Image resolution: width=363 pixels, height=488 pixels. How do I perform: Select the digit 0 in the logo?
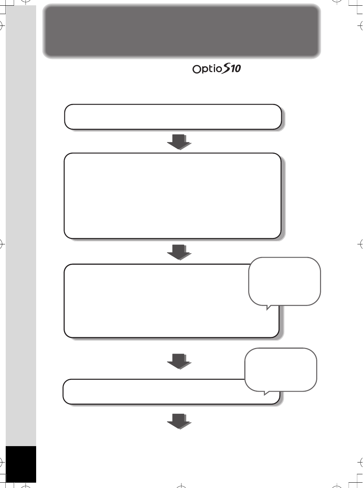[237, 69]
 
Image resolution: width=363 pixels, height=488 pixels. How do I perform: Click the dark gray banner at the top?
[181, 31]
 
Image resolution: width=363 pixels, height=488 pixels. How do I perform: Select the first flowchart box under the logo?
[173, 117]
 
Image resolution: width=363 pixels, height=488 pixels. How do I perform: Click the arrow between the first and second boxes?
[178, 142]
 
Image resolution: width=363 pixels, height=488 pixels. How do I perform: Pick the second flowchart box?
[173, 196]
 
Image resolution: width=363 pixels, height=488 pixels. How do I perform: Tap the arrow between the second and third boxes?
[178, 252]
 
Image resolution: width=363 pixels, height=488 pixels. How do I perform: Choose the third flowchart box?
[154, 301]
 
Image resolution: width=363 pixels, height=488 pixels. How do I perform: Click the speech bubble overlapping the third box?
[285, 281]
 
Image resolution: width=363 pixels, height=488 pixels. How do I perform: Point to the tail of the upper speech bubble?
[268, 308]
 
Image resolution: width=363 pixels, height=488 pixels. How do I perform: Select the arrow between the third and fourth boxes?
[178, 362]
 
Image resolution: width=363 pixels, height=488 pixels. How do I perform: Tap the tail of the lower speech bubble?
[266, 393]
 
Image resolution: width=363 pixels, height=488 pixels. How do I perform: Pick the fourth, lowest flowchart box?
[154, 392]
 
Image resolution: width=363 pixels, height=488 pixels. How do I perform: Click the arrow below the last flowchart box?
[178, 421]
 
